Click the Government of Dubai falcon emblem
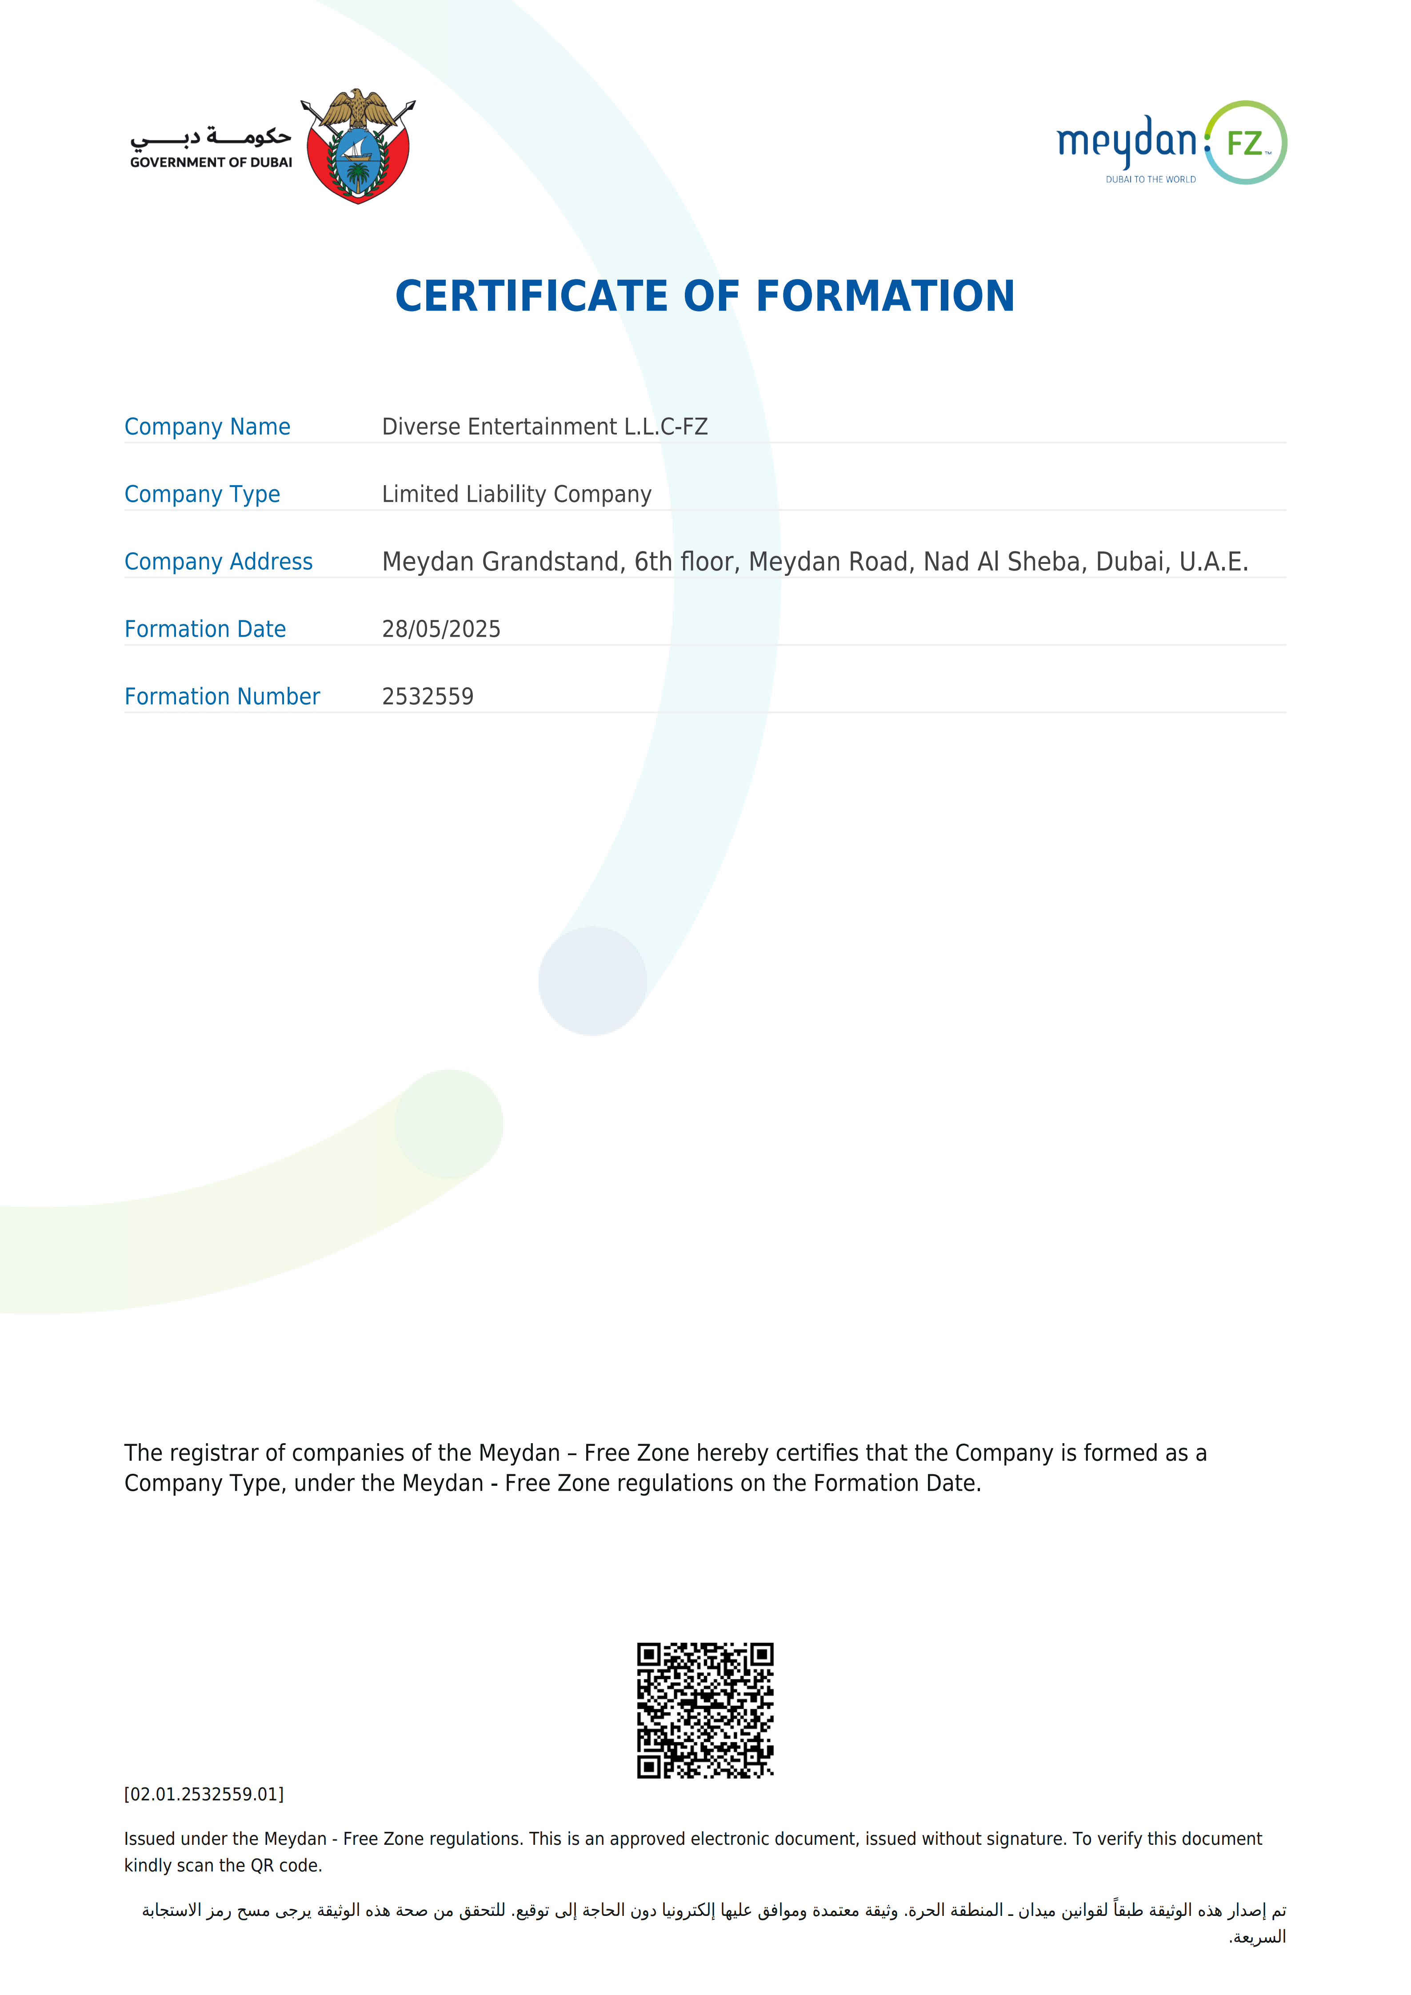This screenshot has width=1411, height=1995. [358, 146]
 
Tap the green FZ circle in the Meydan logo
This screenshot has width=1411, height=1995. [1246, 143]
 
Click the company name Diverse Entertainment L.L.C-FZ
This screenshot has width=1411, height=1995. [545, 427]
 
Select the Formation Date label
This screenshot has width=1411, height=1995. [205, 629]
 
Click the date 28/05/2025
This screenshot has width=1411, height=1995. [441, 629]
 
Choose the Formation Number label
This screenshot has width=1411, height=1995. [222, 697]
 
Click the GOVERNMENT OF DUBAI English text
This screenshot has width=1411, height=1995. [211, 163]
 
